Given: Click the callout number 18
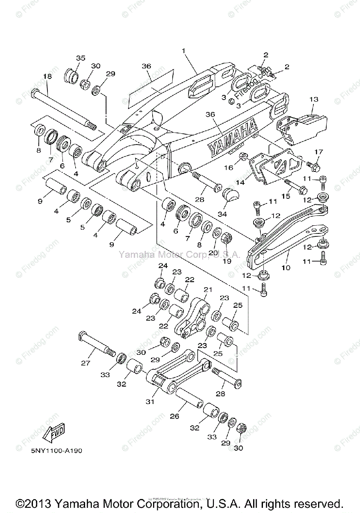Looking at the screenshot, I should click(x=47, y=76).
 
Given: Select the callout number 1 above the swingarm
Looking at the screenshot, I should click(x=183, y=50).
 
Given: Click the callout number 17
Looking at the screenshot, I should click(x=319, y=152).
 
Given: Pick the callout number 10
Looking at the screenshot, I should click(x=286, y=268).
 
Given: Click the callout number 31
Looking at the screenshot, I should click(x=150, y=401).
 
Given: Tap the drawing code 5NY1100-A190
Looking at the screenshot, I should click(x=56, y=451).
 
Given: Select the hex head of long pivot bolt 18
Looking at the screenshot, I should click(x=35, y=92).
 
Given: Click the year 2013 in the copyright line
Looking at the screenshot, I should click(x=42, y=503).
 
